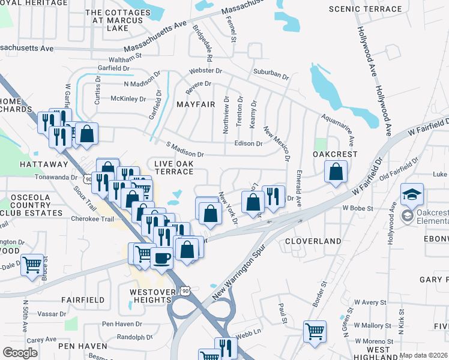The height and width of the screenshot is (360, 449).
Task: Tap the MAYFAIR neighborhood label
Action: point(196,104)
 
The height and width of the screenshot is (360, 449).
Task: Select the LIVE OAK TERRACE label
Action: point(173,167)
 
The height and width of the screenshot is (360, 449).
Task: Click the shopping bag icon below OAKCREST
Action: point(336,172)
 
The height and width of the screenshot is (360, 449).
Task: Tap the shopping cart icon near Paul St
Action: point(315,331)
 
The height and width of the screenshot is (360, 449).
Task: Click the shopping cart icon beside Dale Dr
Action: point(32,265)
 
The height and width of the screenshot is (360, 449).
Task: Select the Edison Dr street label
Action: point(249,143)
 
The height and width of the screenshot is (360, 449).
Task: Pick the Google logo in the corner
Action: point(20,353)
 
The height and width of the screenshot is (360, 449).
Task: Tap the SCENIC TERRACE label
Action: point(366,9)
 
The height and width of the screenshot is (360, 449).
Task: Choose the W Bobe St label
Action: point(358,208)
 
